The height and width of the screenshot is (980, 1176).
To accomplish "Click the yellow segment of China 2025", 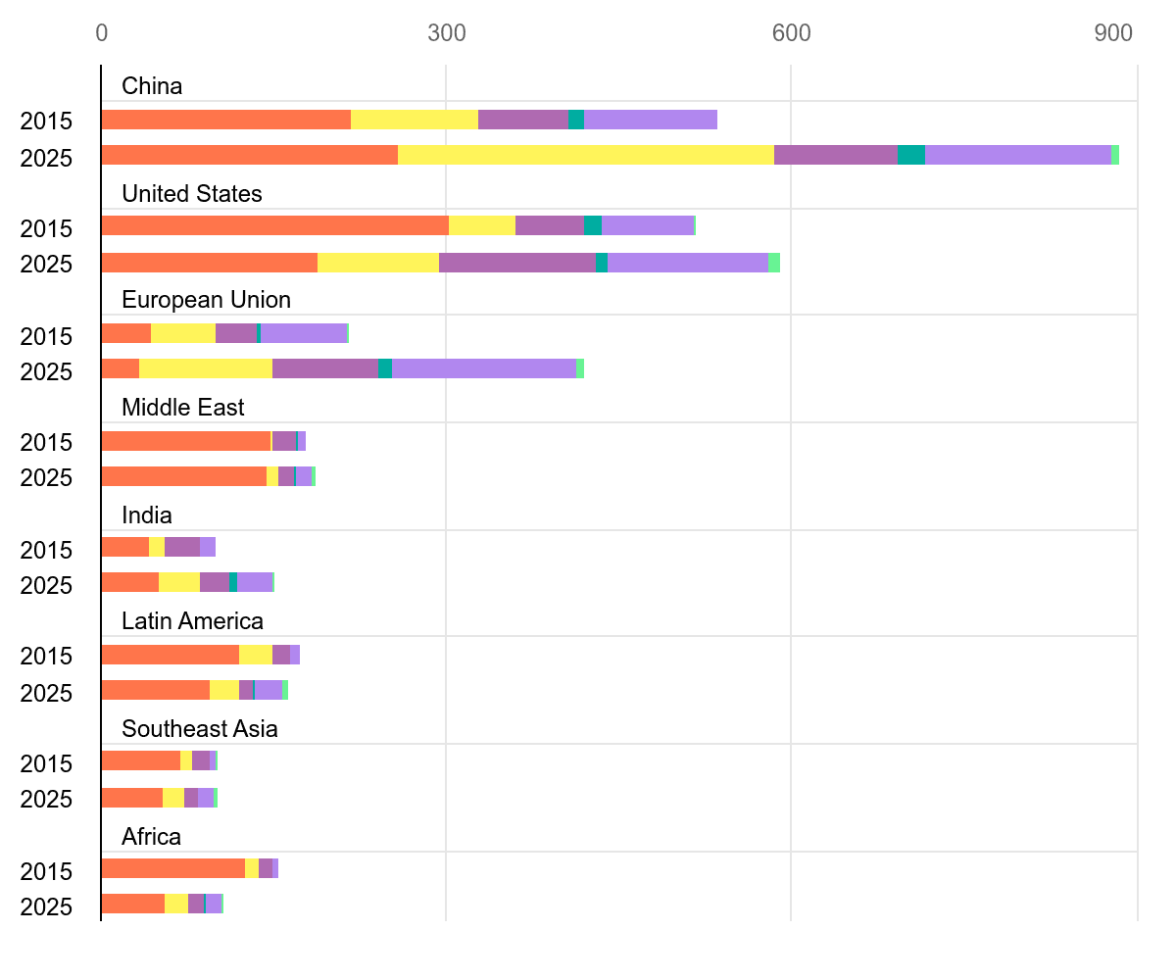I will pos(586,155).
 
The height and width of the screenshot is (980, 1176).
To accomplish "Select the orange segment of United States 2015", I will pos(274,225).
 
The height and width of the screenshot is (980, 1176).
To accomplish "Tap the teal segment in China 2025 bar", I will pos(911,155).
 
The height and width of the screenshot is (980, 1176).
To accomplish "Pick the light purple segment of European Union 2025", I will pos(484,368).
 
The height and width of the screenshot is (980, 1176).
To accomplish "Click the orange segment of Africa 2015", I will pos(172,868).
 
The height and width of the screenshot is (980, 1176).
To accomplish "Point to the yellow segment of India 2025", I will pos(179,582).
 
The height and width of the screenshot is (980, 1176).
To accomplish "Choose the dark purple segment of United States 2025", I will pos(517,263).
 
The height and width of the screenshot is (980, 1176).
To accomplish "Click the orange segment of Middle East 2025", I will pos(183,476).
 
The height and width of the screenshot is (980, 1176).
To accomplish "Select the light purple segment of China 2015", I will pos(651,120).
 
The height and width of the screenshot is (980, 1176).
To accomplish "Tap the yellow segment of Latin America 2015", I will pos(256,655).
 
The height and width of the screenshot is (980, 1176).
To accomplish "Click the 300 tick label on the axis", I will pos(446,33).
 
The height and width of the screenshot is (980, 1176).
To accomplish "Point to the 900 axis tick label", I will pos(1113,33).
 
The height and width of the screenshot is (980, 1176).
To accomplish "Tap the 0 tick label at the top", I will pos(102,33).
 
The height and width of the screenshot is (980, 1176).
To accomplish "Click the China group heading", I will pos(152,86).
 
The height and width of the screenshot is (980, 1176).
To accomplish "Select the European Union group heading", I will pos(206,300).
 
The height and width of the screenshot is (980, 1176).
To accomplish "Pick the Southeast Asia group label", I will pos(200,729).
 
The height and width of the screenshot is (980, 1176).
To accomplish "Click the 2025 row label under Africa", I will pos(46,906).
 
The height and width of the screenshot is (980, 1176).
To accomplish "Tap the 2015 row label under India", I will pos(46,550).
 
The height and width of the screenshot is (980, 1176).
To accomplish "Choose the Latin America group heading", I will pos(192,621).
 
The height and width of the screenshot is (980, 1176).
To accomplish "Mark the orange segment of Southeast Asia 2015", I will pos(140,760).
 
